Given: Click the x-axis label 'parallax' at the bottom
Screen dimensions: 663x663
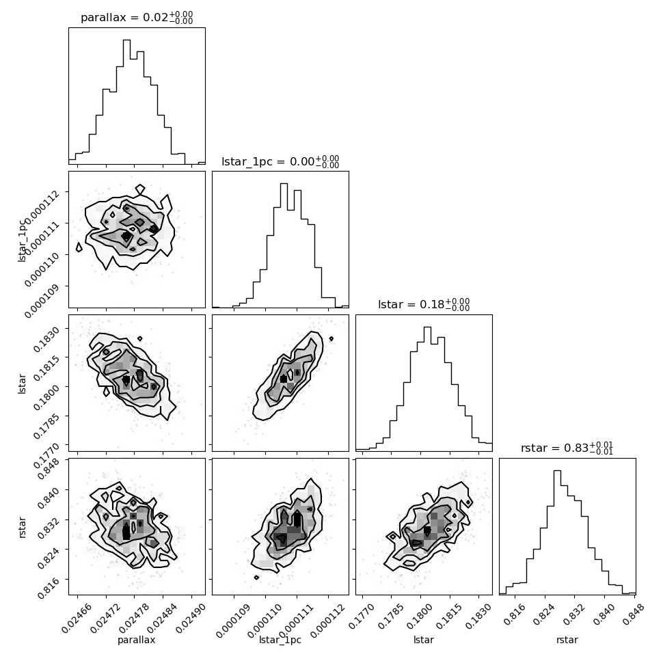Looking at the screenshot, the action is pyautogui.click(x=137, y=640).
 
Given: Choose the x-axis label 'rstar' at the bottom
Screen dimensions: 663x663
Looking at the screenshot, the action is pyautogui.click(x=567, y=640).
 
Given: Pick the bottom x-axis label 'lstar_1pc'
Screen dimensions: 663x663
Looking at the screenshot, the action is pyautogui.click(x=280, y=640).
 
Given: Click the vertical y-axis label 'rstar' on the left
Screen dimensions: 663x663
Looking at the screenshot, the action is pyautogui.click(x=23, y=527).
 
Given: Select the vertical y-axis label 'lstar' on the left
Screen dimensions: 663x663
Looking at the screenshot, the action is pyautogui.click(x=22, y=383).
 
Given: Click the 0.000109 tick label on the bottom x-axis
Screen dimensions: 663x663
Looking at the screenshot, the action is pyautogui.click(x=233, y=621).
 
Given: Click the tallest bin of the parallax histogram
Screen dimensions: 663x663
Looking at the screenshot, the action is pyautogui.click(x=126, y=102).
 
